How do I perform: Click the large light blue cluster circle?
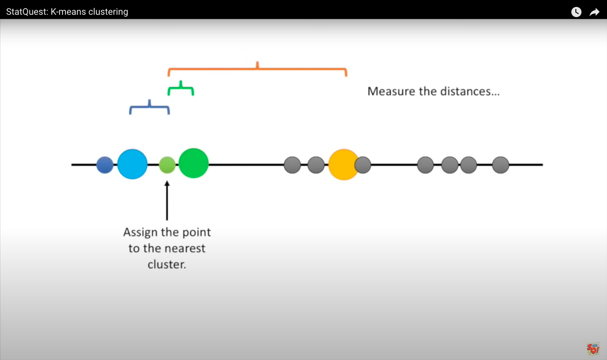click(132, 164)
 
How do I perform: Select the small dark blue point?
click(105, 165)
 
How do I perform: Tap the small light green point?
click(167, 165)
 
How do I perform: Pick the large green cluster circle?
click(194, 164)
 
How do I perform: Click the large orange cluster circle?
click(343, 164)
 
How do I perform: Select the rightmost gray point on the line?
click(501, 165)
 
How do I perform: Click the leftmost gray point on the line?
click(292, 165)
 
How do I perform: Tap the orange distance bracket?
click(257, 69)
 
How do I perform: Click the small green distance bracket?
click(181, 88)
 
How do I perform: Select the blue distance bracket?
click(149, 107)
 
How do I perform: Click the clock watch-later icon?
click(576, 12)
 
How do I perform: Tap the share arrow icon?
click(594, 12)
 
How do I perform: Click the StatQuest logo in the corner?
click(593, 349)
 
